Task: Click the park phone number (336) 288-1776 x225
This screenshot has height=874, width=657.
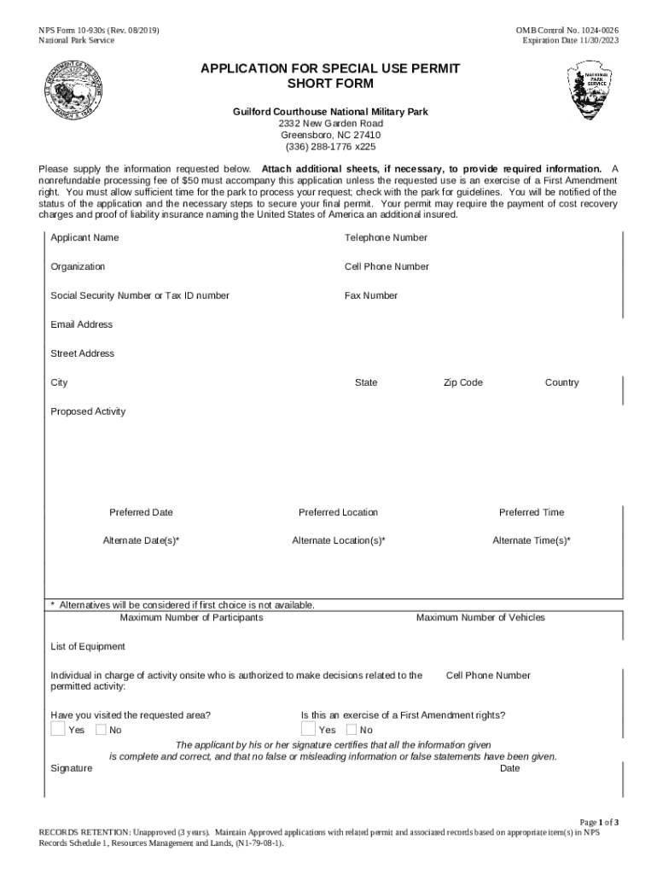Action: pyautogui.click(x=330, y=146)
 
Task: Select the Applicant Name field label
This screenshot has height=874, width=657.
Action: pyautogui.click(x=84, y=237)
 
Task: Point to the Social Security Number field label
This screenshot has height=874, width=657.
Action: pyautogui.click(x=139, y=295)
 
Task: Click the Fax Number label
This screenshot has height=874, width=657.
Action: pyautogui.click(x=370, y=295)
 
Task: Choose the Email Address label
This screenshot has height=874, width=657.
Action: pyautogui.click(x=81, y=324)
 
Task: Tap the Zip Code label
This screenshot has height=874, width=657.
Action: pyautogui.click(x=462, y=382)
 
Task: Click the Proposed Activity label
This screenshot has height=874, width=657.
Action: pyautogui.click(x=88, y=411)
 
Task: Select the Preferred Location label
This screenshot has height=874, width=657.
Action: pyautogui.click(x=338, y=512)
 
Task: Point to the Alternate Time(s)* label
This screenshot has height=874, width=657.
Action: pyautogui.click(x=532, y=540)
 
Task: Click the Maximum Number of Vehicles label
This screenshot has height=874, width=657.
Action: pyautogui.click(x=480, y=617)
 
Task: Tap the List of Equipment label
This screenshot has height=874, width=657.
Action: pyautogui.click(x=88, y=646)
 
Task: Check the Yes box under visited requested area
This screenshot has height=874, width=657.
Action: pyautogui.click(x=57, y=729)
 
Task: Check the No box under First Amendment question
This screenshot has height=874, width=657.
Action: pyautogui.click(x=352, y=729)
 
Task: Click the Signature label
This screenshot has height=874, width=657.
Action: pyautogui.click(x=71, y=768)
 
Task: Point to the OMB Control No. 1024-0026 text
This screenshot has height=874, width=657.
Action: pyautogui.click(x=567, y=31)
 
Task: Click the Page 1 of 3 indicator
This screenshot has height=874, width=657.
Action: pyautogui.click(x=599, y=822)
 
